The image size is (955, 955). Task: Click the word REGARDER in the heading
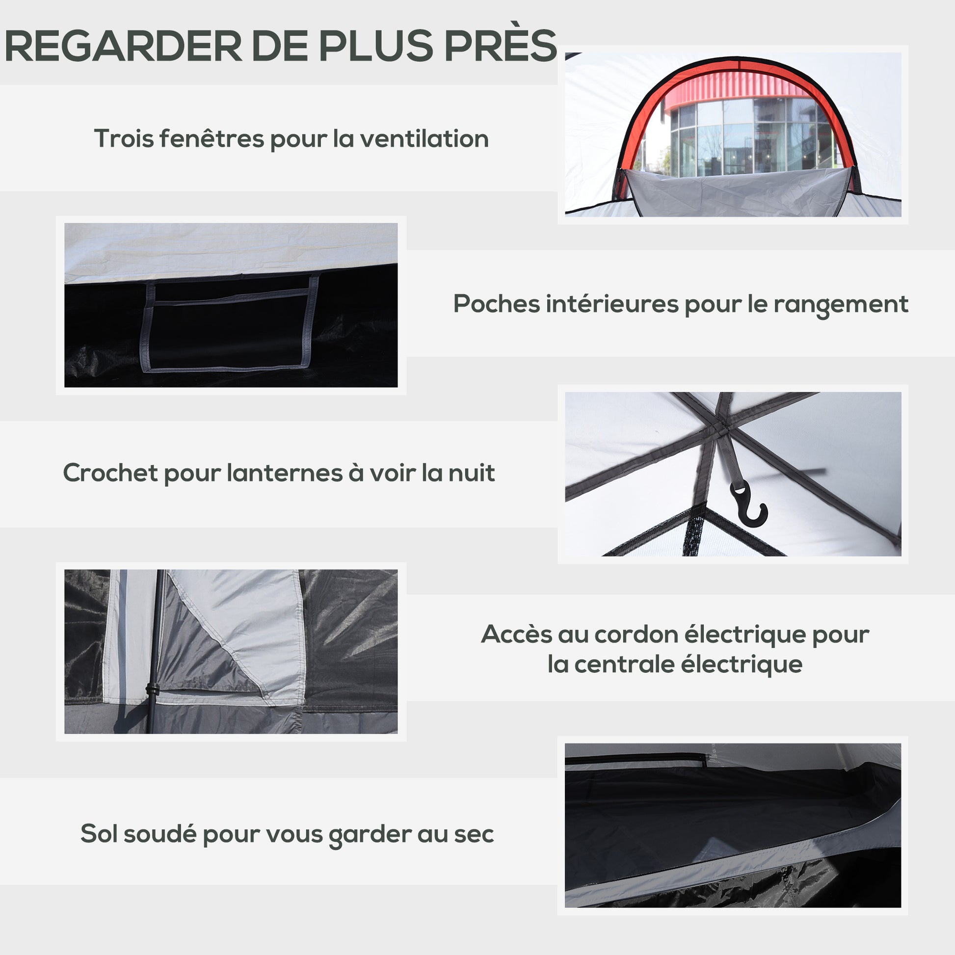tap(123, 46)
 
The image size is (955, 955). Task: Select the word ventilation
tap(424, 139)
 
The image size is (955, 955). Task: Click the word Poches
tap(497, 304)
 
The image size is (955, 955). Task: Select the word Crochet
tap(111, 473)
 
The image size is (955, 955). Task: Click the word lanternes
tap(285, 473)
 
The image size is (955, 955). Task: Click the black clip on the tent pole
tap(152, 690)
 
